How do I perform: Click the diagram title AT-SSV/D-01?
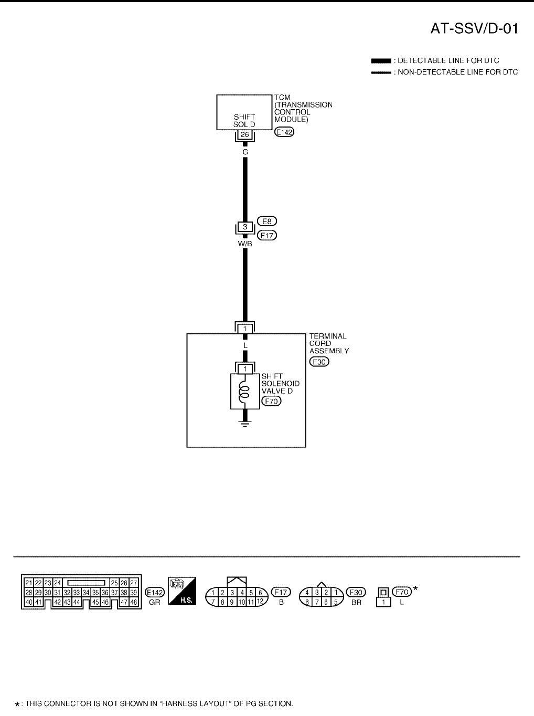[x=475, y=29]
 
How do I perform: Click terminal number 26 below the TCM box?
[x=244, y=135]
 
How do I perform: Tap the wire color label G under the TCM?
[x=244, y=152]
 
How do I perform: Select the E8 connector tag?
[x=267, y=222]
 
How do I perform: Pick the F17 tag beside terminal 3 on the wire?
[x=267, y=236]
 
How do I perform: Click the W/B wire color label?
[x=244, y=243]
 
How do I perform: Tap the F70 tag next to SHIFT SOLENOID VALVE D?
[x=271, y=402]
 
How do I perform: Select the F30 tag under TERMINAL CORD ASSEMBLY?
[x=319, y=362]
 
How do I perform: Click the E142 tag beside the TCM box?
[x=285, y=132]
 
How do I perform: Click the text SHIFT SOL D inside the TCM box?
[x=244, y=121]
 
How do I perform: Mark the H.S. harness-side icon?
[x=182, y=592]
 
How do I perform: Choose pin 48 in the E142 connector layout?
[x=134, y=602]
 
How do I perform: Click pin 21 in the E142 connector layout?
[x=28, y=583]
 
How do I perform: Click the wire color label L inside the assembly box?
[x=244, y=345]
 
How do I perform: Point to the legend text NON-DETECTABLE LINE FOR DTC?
[x=457, y=72]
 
